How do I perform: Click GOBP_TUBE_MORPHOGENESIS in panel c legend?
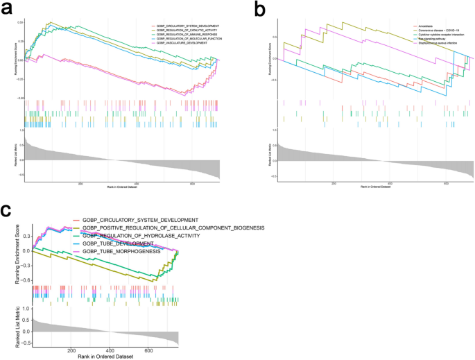121,251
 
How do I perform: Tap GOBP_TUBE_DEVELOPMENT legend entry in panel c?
117,243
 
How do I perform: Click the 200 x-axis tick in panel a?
80,183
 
